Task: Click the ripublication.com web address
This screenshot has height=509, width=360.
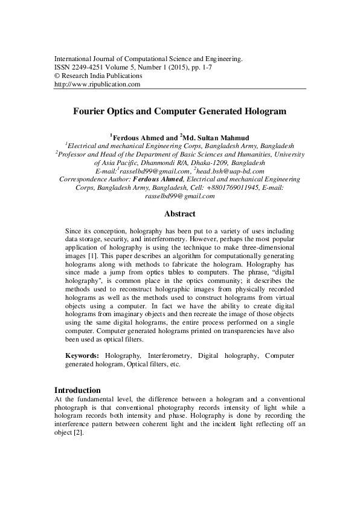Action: pos(97,85)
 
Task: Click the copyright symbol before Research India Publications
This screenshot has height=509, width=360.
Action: pos(57,76)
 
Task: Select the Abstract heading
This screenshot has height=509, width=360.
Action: pos(180,213)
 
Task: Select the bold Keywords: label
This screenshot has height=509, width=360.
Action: pos(83,357)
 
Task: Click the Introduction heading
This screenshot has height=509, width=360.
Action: pos(77,390)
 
